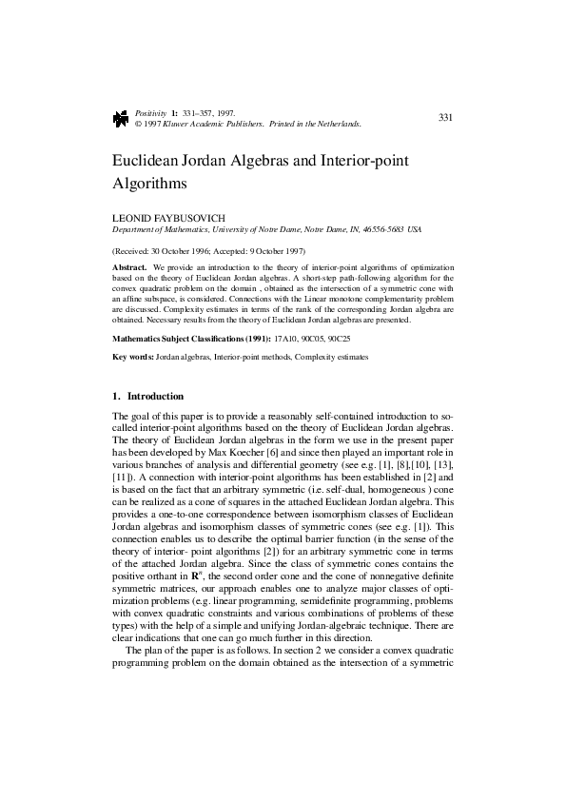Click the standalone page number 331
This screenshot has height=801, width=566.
tap(444, 117)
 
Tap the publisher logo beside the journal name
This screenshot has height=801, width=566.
tap(121, 118)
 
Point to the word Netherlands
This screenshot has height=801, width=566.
tap(338, 124)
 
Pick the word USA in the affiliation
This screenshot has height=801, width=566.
tap(414, 230)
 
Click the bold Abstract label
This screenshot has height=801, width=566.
tap(129, 267)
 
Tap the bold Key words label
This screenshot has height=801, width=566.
tap(132, 357)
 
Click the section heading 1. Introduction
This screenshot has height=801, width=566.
tap(147, 396)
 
